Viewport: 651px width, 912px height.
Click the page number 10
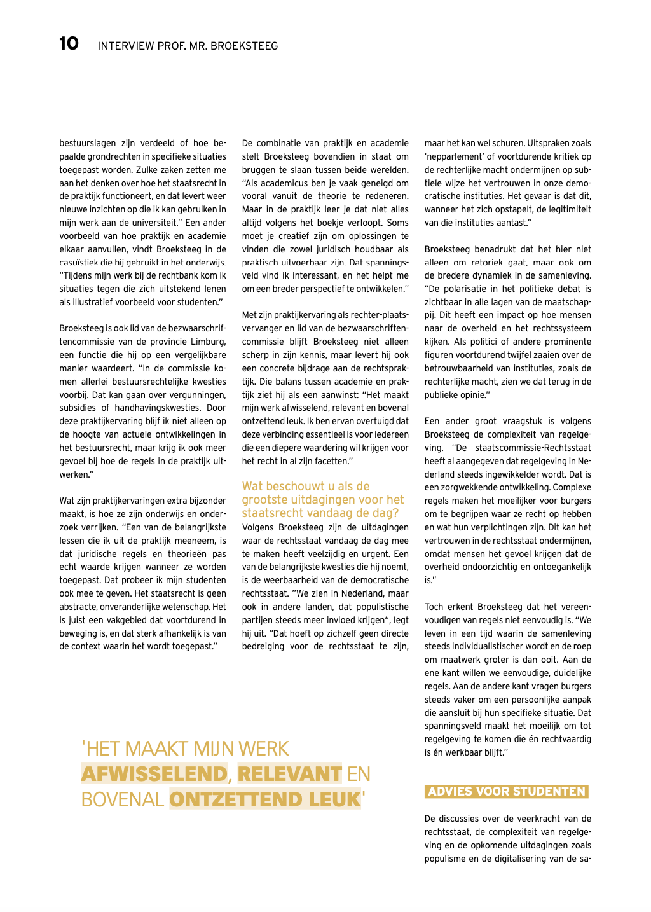[x=69, y=43]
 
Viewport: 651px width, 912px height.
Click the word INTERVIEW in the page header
[x=126, y=46]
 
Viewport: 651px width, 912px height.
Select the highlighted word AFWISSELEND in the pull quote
[x=154, y=773]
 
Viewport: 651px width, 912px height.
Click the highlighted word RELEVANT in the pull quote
[x=289, y=773]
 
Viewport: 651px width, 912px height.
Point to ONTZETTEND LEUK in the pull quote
[x=265, y=799]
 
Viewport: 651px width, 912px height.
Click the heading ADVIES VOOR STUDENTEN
[x=507, y=791]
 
